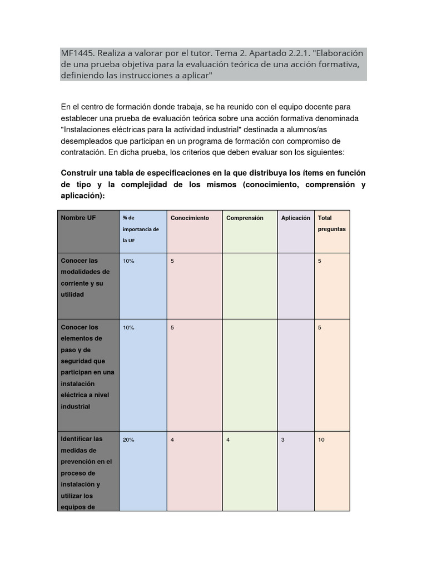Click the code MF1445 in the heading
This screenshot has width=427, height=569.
pyautogui.click(x=77, y=53)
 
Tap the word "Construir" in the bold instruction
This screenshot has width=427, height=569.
pyautogui.click(x=80, y=173)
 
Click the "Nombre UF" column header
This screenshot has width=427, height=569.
pyautogui.click(x=78, y=218)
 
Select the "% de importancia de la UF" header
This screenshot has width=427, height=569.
pyautogui.click(x=141, y=229)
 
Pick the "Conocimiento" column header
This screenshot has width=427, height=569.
pyautogui.click(x=190, y=218)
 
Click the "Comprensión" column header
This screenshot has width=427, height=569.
pyautogui.click(x=245, y=218)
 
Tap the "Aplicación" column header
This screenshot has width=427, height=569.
pyautogui.click(x=296, y=218)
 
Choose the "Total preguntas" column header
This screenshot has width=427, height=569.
pyautogui.click(x=331, y=223)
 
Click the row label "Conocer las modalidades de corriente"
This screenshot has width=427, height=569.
pyautogui.click(x=86, y=277)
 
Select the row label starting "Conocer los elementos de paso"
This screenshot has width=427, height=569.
pyautogui.click(x=87, y=367)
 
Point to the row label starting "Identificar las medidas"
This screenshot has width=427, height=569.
pyautogui.click(x=86, y=473)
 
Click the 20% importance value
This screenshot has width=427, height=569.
pyautogui.click(x=128, y=440)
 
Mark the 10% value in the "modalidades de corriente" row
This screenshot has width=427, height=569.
pyautogui.click(x=128, y=261)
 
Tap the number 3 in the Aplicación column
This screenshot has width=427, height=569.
pyautogui.click(x=283, y=440)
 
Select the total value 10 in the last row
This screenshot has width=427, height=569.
pyautogui.click(x=321, y=440)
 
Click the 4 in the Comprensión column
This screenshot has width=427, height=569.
pyautogui.click(x=228, y=440)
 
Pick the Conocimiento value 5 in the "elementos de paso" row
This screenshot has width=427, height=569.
pyautogui.click(x=172, y=327)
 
